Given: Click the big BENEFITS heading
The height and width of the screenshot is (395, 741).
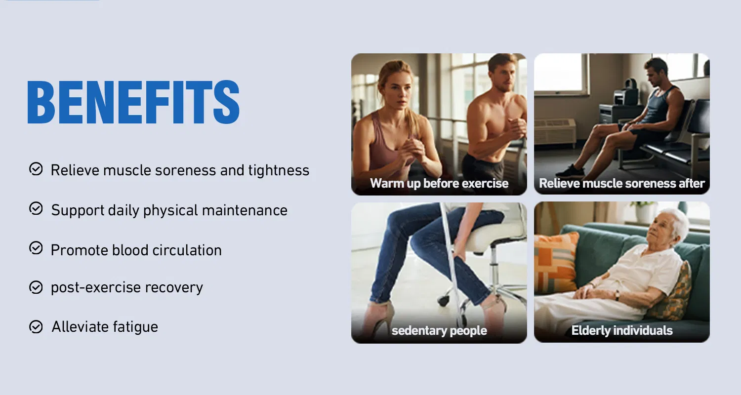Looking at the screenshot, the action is (133, 102).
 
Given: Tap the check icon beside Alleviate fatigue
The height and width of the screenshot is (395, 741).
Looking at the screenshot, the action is (36, 326).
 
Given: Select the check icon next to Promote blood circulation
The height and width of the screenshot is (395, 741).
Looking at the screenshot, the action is (36, 248).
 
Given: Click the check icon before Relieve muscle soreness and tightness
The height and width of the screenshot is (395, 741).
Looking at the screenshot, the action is (36, 169).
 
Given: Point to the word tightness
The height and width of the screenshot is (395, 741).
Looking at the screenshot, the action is (279, 171).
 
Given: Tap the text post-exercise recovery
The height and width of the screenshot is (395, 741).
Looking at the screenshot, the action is (126, 287).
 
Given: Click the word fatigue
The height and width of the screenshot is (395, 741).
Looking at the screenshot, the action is (135, 327).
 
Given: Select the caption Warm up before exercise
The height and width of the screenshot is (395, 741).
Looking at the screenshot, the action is (439, 183).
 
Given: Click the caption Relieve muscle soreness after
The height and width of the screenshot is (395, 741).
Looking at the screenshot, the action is (621, 183).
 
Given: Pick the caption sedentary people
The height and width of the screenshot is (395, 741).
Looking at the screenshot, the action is (439, 330).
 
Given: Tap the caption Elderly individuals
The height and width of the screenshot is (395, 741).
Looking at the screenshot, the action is (621, 330).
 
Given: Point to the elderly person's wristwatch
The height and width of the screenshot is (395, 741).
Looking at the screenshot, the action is (617, 295).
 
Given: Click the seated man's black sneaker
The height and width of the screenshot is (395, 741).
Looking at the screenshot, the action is (570, 171).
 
